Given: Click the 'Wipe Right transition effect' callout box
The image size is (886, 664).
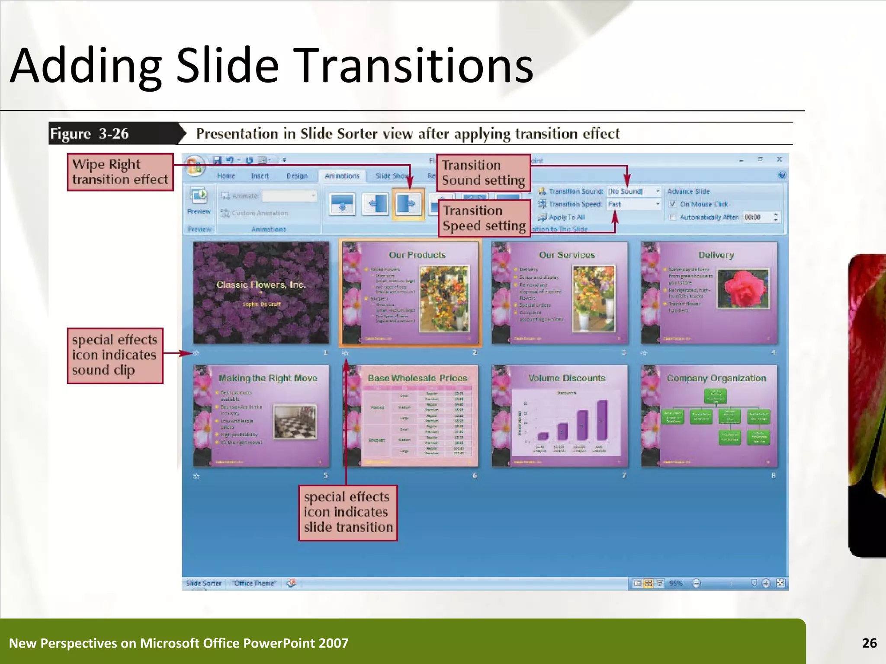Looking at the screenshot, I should [120, 172].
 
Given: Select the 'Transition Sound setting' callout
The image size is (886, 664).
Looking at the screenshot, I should [483, 173].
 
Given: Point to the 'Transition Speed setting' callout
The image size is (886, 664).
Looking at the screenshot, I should [484, 218].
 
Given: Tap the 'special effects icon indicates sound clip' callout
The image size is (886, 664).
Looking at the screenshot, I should [115, 355].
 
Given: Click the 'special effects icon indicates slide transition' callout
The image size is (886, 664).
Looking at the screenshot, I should [348, 513].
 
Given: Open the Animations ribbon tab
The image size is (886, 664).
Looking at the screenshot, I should [342, 176].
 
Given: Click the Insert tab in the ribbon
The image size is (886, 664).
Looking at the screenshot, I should [260, 176].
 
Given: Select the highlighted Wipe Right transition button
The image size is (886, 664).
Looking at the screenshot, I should [408, 204].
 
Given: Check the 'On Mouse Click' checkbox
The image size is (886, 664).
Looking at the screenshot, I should [673, 204].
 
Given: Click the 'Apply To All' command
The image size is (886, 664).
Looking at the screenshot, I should [566, 217].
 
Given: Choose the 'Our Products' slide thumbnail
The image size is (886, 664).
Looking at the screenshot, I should [411, 293].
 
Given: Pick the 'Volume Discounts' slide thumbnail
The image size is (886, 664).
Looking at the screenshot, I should [559, 416].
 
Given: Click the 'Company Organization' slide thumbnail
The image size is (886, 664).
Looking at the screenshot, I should [709, 416].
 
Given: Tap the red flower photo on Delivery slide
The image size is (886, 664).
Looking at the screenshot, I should [743, 289].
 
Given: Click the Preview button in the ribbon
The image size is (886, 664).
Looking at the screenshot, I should [199, 201].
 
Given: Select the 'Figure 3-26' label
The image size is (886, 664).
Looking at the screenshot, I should [89, 134].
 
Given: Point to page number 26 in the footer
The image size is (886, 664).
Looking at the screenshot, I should [869, 643].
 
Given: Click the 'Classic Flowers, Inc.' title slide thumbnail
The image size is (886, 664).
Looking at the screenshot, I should [261, 293].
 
